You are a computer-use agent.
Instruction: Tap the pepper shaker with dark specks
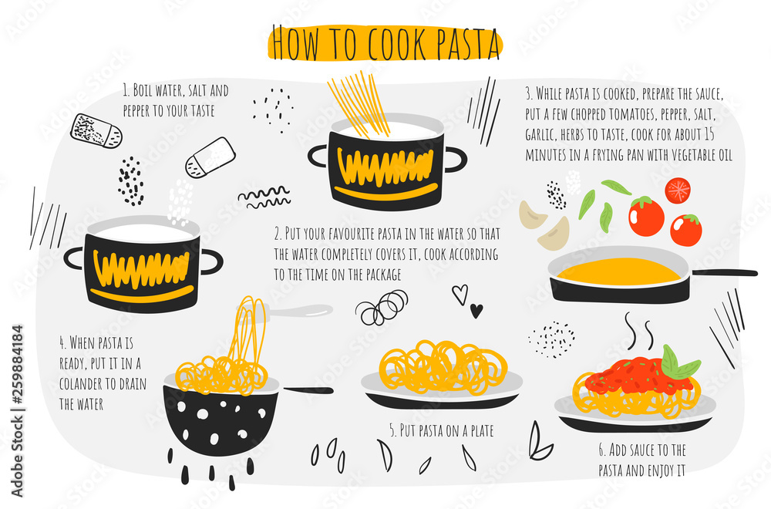coord(96,131)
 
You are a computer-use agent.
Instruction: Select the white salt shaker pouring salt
coord(210,157)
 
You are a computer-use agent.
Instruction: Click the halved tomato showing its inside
coord(678,190)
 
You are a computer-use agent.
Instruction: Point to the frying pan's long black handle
coord(723,272)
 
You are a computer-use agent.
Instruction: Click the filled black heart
coord(476,310)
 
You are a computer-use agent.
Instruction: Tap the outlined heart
coord(460,294)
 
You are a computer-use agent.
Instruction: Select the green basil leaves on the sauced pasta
coord(678,364)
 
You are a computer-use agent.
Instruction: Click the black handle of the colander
coord(307,391)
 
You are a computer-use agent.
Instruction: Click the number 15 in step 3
coord(709,134)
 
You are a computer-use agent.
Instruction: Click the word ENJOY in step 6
coord(662,470)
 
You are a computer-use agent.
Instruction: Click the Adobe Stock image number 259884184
coord(17,363)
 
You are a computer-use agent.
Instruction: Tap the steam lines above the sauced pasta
coord(638,331)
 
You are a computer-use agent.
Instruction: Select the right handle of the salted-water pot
coord(211,261)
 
